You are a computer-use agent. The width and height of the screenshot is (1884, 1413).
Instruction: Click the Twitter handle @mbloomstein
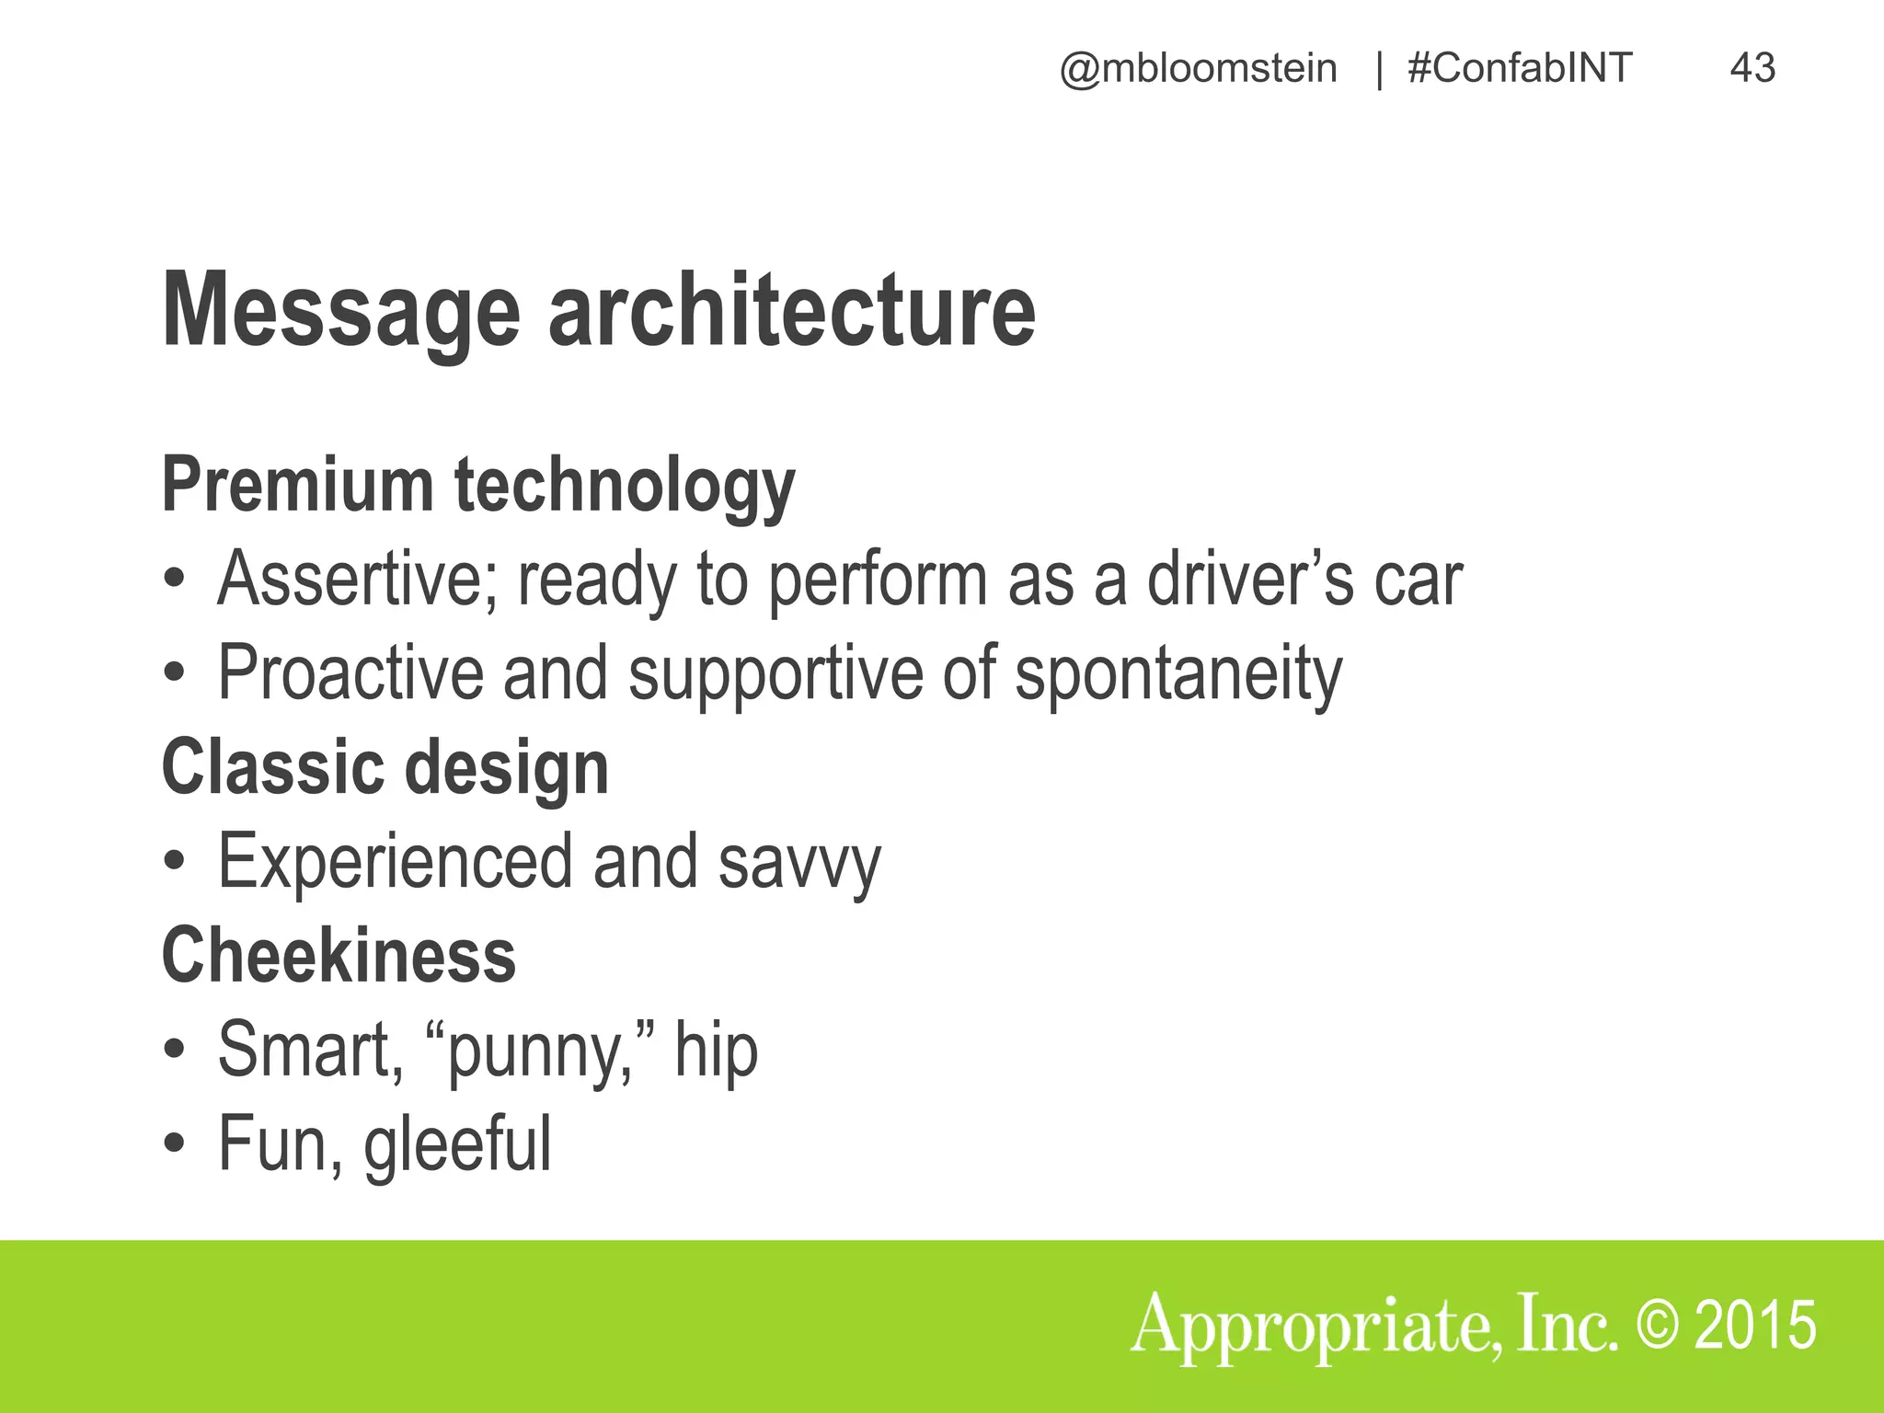1198,69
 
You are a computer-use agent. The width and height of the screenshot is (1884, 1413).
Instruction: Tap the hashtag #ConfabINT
1520,69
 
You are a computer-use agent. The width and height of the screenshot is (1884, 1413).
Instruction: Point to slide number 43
1752,69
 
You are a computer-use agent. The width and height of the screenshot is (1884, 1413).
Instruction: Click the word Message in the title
341,311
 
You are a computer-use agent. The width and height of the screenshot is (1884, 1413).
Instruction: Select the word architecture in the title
792,311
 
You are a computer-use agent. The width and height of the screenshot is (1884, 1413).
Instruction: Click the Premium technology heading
478,486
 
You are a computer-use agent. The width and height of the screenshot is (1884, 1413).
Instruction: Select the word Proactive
350,673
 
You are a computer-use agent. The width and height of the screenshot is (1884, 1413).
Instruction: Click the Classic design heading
385,768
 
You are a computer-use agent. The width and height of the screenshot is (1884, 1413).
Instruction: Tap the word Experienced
395,863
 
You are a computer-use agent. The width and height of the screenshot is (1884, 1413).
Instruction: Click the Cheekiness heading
339,957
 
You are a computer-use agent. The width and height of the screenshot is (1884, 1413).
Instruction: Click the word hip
716,1051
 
